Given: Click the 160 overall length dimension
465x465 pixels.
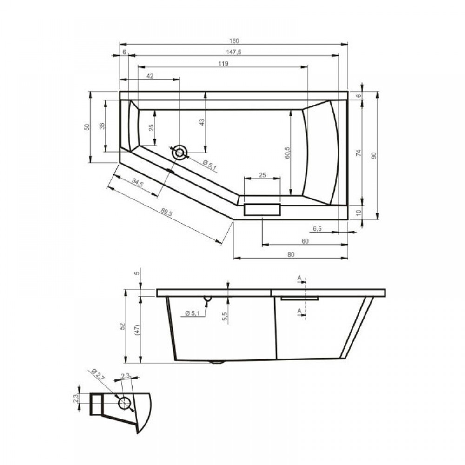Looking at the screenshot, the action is point(234,41).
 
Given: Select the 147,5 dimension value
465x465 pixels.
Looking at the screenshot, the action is point(234,52).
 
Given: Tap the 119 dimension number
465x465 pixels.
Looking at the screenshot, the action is point(223,64).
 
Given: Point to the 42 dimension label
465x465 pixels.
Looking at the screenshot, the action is point(150,76).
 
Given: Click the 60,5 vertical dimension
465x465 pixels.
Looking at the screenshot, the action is point(287,153).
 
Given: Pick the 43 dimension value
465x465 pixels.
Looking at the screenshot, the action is point(202,122).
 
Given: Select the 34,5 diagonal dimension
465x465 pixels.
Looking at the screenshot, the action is point(137,183).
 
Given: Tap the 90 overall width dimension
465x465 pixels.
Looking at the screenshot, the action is point(374,155).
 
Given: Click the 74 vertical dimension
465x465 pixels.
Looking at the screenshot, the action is point(359,153).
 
